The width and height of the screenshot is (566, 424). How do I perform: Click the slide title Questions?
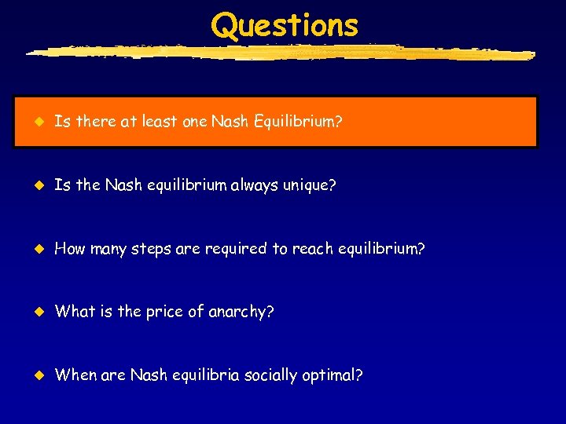[x=285, y=25]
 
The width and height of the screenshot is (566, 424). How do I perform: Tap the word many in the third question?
[x=107, y=250]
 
